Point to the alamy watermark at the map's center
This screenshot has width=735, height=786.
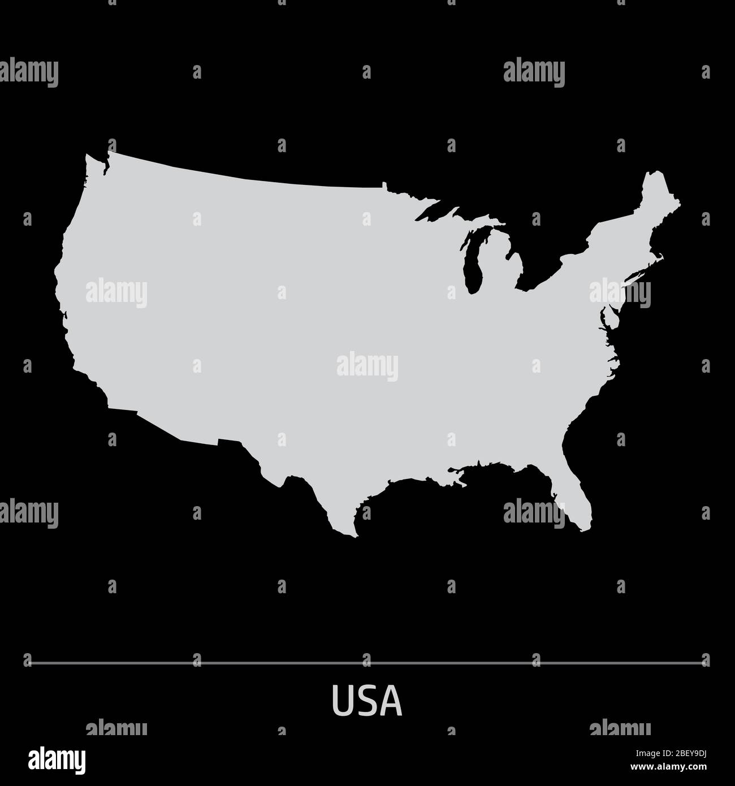[x=367, y=366]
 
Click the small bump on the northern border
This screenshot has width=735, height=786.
[x=384, y=185]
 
